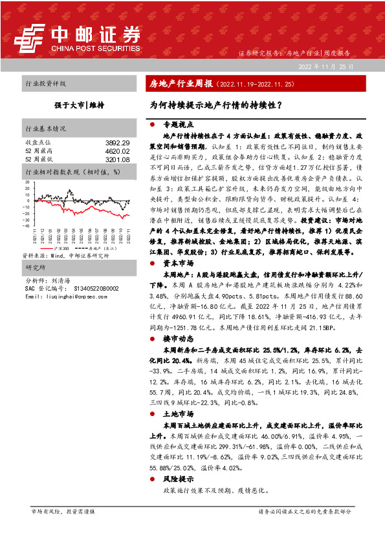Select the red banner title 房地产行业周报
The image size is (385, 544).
(176, 84)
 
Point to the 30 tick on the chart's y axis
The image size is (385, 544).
(27, 182)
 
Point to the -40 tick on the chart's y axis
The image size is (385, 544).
(26, 226)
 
